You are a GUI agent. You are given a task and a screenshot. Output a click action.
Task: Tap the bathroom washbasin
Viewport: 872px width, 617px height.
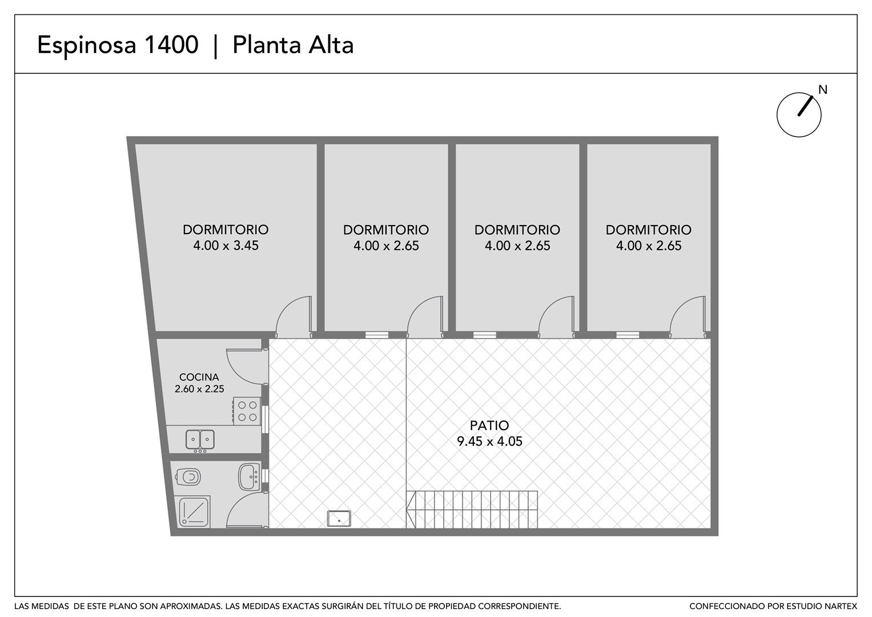pos(249,476)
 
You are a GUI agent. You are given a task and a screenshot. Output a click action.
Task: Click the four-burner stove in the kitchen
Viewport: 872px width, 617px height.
pos(247,411)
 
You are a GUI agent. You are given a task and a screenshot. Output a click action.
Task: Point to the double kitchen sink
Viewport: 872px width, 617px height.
pos(200,439)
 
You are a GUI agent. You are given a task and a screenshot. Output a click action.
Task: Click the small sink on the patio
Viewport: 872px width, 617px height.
pos(339,519)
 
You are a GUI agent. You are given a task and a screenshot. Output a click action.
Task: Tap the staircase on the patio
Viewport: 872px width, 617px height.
pos(472,510)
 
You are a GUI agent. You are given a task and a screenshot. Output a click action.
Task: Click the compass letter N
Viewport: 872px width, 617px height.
pos(822,90)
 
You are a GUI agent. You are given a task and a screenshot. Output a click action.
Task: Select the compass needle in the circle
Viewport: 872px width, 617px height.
pos(805,106)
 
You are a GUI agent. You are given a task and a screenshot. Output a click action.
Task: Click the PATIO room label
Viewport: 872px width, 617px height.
pos(489,425)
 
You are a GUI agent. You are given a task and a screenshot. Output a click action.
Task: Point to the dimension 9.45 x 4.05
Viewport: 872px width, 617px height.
pos(489,441)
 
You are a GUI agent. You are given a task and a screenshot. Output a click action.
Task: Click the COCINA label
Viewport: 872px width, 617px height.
pos(199,377)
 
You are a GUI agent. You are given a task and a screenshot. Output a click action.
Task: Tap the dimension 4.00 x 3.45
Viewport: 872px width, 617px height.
pos(226,246)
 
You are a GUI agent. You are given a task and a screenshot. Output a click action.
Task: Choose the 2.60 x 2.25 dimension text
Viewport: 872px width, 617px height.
pos(199,388)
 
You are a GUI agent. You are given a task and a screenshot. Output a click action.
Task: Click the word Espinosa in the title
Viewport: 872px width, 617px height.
pos(87,45)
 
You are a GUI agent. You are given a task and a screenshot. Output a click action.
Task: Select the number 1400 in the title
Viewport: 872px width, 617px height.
pos(171,45)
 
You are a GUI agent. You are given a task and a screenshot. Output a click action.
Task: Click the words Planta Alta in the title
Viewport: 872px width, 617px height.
pos(293,45)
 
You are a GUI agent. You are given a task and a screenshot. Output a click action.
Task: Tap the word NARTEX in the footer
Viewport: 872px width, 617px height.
pos(843,606)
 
